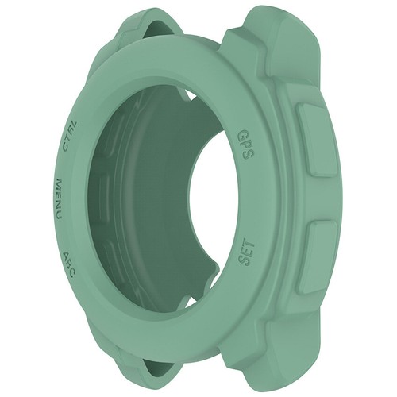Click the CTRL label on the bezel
(x=70, y=134)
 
